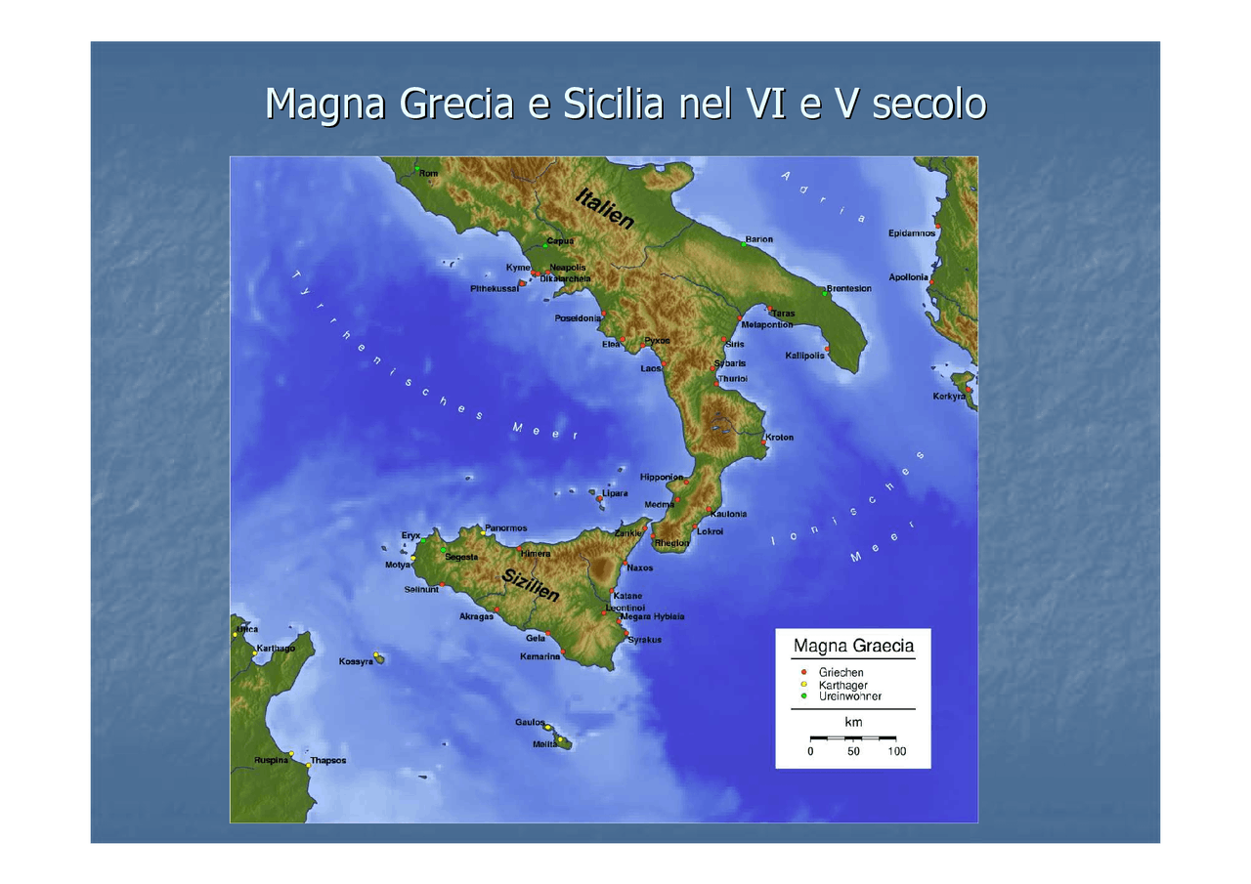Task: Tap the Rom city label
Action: tap(428, 174)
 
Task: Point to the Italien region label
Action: tap(605, 208)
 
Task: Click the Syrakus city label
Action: tap(644, 640)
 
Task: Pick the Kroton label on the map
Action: tap(779, 437)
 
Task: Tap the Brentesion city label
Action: tap(848, 289)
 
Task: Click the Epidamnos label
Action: tap(911, 232)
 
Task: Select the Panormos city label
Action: tap(505, 528)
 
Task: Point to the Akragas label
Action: tap(476, 616)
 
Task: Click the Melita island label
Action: tap(544, 744)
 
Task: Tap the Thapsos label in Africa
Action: tap(327, 760)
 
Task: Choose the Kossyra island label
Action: tap(356, 661)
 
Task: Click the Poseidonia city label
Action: tap(577, 318)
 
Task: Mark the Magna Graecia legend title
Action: tap(853, 646)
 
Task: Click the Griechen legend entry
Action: tap(841, 672)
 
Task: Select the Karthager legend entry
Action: tap(842, 685)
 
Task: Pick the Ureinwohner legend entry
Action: tap(849, 696)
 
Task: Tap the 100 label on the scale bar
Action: tap(896, 751)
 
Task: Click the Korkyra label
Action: tap(948, 396)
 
